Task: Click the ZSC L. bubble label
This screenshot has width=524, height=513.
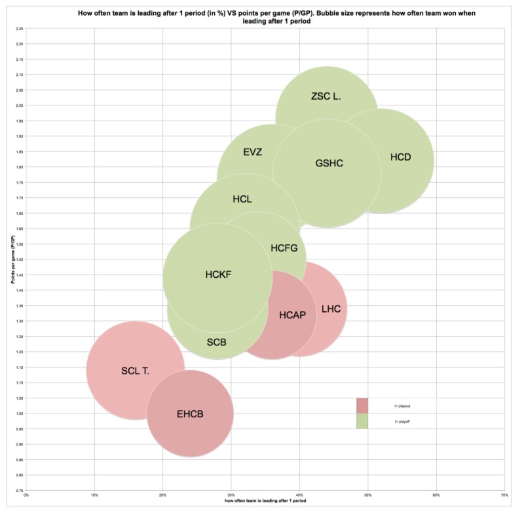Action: pos(326,96)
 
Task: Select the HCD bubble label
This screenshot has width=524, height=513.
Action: pos(401,157)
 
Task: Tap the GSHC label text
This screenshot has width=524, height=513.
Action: pos(329,163)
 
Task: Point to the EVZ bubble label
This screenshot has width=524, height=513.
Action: pos(253,152)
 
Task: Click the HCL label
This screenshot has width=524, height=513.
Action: pos(242,199)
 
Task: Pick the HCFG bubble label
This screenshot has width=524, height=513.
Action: pos(284,248)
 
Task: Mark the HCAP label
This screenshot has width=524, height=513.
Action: pos(293,314)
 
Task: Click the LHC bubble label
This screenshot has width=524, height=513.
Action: pos(331,309)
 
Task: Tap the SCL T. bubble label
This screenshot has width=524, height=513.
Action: pos(136,371)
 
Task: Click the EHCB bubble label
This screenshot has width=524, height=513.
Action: pos(191,414)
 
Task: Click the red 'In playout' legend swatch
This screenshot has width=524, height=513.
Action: pos(362,406)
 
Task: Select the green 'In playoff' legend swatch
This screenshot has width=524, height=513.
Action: pos(362,421)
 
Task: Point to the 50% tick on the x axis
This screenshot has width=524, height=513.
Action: pos(368,495)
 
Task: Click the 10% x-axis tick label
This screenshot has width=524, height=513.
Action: pos(95,495)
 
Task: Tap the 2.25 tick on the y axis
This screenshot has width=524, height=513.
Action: pos(20,29)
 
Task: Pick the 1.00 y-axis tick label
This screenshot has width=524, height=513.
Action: pos(20,413)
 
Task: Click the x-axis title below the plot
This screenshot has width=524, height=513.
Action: pos(266,501)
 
